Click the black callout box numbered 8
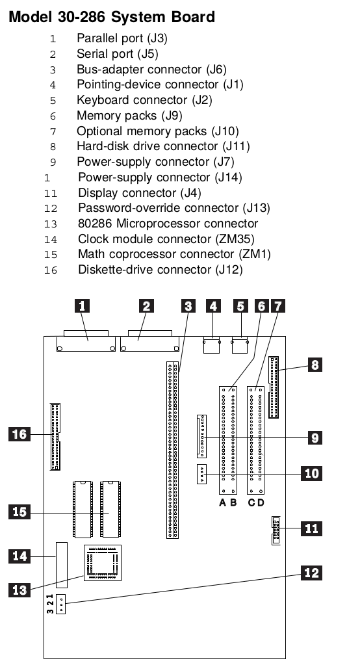315,365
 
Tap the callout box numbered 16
19,434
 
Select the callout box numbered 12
311,573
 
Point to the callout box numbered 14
19,556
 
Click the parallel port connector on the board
86,342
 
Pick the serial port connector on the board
149,342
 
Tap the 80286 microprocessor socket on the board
102,563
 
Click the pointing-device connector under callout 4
212,345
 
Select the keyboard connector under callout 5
240,345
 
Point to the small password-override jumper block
61,604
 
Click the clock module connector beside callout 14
62,565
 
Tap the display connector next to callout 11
276,530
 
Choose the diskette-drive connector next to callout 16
55,437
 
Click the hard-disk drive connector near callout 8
274,387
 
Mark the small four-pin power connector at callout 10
201,474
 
